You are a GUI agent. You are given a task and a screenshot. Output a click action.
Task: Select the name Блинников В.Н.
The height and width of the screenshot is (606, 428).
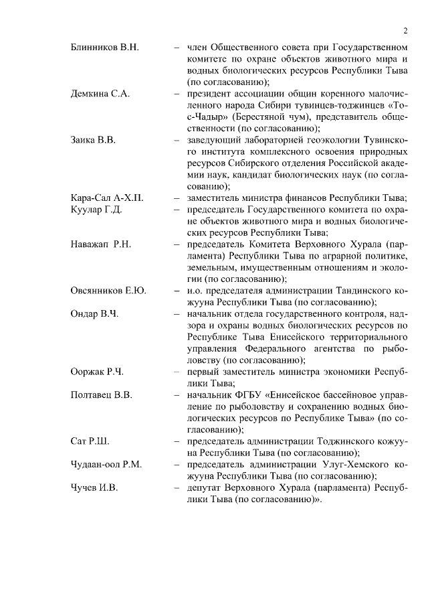click(104, 47)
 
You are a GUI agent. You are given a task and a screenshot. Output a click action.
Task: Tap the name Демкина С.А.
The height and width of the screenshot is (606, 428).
click(100, 93)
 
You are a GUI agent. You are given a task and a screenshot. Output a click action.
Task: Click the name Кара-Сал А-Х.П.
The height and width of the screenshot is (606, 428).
click(107, 198)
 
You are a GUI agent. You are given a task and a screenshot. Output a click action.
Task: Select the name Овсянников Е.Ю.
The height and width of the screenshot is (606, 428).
click(108, 290)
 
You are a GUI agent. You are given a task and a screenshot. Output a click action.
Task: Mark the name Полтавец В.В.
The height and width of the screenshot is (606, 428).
click(102, 394)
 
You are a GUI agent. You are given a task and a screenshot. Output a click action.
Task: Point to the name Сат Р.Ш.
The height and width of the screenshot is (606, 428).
click(90, 441)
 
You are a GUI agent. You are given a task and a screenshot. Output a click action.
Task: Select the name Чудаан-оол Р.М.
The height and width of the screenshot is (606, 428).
click(106, 464)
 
